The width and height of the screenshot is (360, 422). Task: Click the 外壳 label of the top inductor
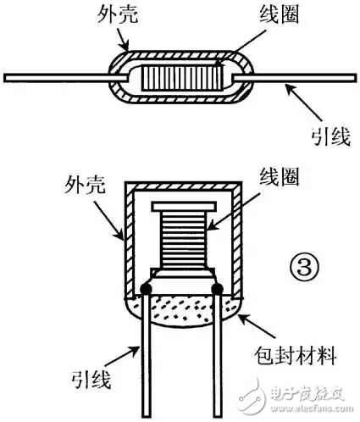pyautogui.click(x=118, y=14)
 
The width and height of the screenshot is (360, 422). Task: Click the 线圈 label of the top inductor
pyautogui.click(x=279, y=14)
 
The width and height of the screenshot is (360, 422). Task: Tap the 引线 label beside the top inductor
pyautogui.click(x=331, y=136)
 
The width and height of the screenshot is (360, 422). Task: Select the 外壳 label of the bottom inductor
pyautogui.click(x=85, y=185)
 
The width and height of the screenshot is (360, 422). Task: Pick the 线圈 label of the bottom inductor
pyautogui.click(x=279, y=176)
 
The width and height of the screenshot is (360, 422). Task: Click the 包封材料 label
pyautogui.click(x=295, y=356)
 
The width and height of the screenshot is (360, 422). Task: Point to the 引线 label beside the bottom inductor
pyautogui.click(x=91, y=379)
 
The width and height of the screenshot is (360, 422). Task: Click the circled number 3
pyautogui.click(x=304, y=268)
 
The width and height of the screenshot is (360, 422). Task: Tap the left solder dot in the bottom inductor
pyautogui.click(x=147, y=288)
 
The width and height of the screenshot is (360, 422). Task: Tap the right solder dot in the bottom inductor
pyautogui.click(x=218, y=288)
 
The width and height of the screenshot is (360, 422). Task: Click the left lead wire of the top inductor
pyautogui.click(x=66, y=78)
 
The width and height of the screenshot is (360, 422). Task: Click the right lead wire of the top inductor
pyautogui.click(x=294, y=78)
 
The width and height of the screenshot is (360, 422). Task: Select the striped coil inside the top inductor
pyautogui.click(x=182, y=78)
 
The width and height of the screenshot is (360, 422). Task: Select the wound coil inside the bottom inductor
pyautogui.click(x=183, y=240)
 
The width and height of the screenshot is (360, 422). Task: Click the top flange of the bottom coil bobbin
pyautogui.click(x=184, y=207)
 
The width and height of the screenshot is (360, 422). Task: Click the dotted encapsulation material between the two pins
pyautogui.click(x=182, y=309)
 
